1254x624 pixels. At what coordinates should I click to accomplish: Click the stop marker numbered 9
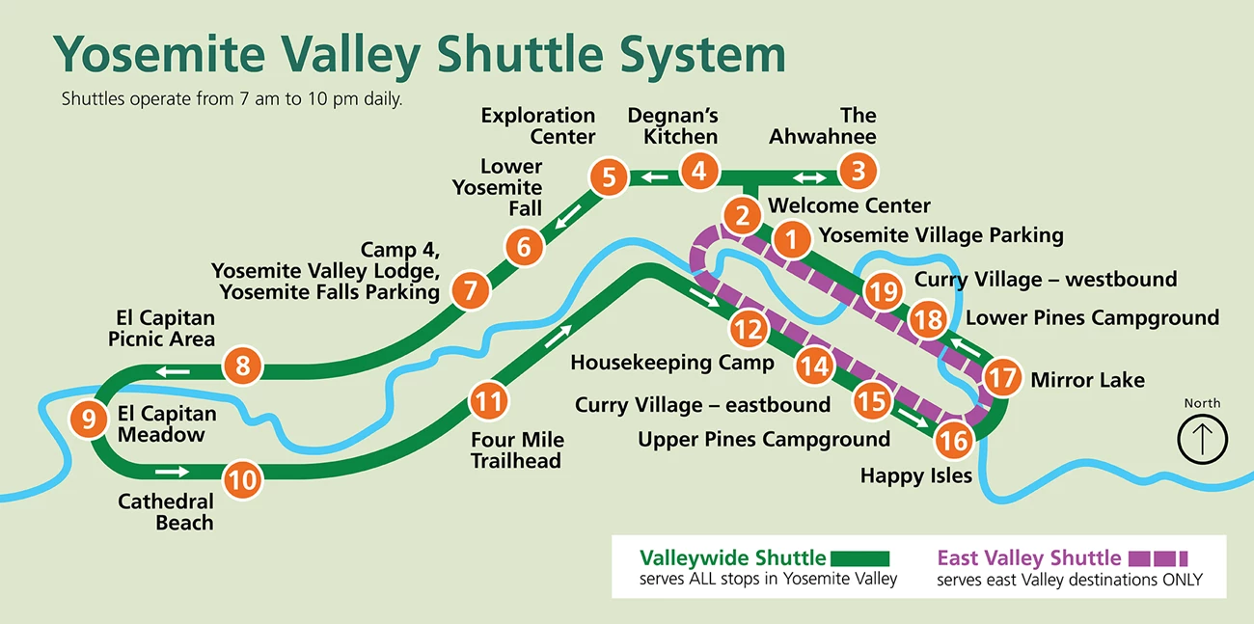[89, 420]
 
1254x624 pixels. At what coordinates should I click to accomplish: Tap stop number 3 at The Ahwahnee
[858, 173]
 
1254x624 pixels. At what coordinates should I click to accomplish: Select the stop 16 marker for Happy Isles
[954, 441]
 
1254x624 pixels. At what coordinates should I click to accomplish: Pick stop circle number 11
[489, 399]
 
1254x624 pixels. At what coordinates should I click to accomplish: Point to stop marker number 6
[524, 248]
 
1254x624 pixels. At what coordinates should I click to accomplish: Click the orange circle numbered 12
[749, 329]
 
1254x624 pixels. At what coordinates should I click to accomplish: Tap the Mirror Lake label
[1087, 380]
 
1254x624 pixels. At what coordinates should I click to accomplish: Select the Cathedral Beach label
[166, 512]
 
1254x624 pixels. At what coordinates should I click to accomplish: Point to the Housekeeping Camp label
[672, 363]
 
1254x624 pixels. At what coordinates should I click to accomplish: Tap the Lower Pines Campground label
[1092, 318]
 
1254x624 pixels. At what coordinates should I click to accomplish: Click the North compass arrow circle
[1202, 439]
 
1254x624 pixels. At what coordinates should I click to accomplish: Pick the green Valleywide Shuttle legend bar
[859, 557]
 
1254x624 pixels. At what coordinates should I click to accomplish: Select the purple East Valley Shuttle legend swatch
[1158, 558]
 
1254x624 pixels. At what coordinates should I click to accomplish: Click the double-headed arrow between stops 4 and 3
[809, 177]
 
